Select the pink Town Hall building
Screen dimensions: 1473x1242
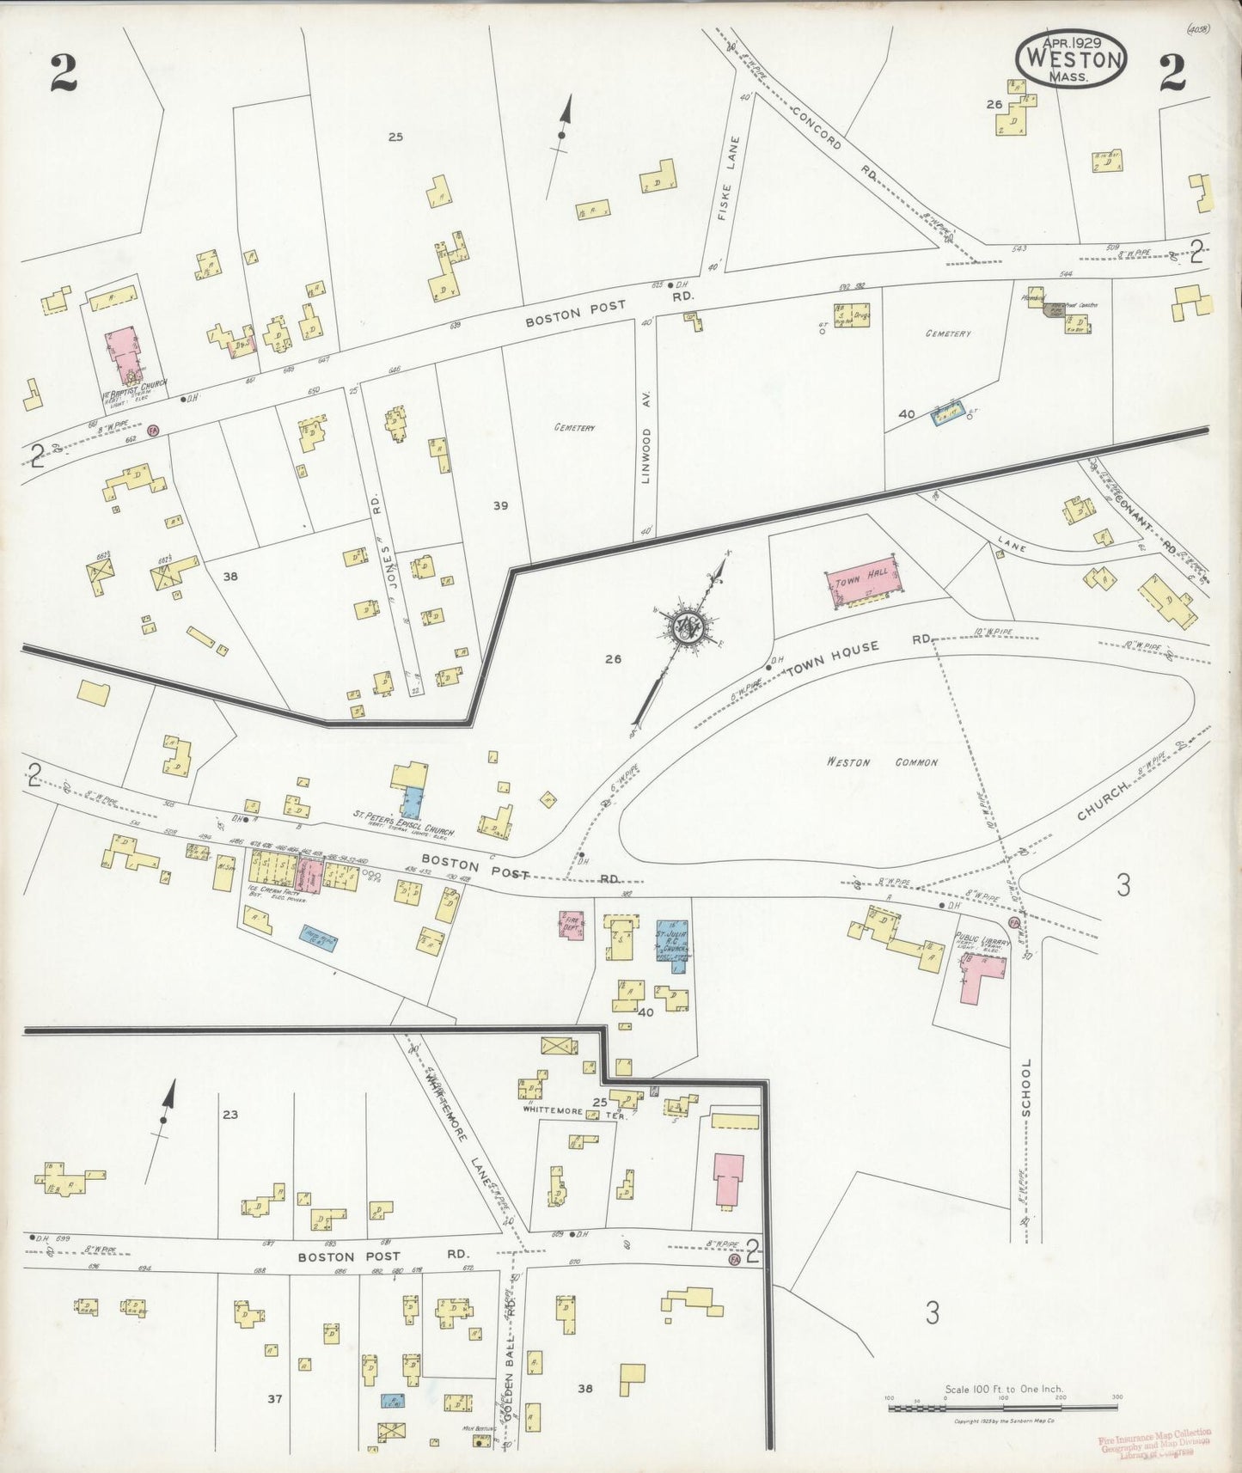(860, 585)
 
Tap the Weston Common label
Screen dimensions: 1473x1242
(882, 762)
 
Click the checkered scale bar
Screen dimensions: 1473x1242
(1002, 1408)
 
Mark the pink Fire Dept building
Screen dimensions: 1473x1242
(572, 925)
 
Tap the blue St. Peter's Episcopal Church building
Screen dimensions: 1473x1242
(414, 802)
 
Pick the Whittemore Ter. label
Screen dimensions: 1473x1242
(572, 1111)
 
